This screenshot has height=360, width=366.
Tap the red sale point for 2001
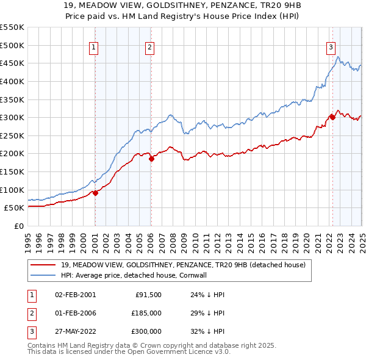(95, 193)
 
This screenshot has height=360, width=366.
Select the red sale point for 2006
(151, 159)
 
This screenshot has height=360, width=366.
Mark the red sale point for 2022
(332, 117)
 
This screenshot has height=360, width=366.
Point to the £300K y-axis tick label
(13, 117)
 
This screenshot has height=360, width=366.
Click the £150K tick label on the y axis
(13, 171)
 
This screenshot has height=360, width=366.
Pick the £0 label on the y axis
(18, 226)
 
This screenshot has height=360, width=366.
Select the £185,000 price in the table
(147, 313)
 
